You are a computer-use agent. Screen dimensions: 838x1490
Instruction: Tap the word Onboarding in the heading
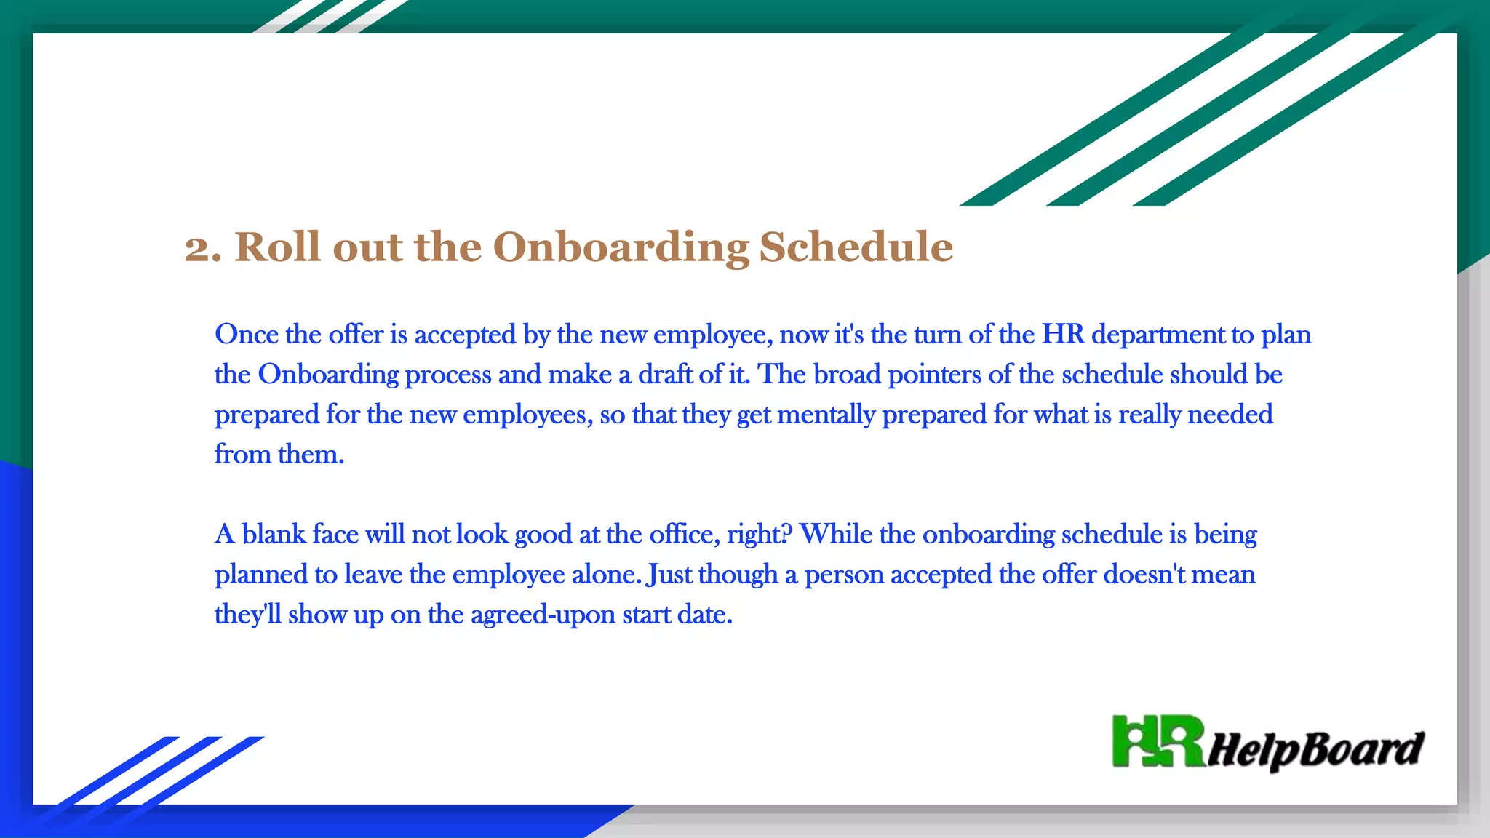point(621,248)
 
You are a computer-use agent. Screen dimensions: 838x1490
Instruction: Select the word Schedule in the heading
point(856,247)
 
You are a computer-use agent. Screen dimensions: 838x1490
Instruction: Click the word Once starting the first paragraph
point(247,335)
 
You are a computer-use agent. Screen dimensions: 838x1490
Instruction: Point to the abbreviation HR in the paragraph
point(1062,335)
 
